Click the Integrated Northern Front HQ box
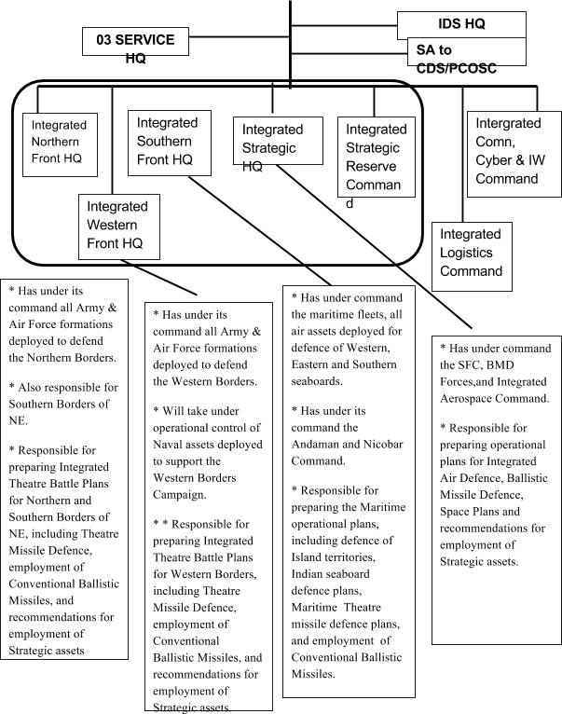pos(61,143)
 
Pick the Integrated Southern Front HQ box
pos(169,141)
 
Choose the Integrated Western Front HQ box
pos(117,225)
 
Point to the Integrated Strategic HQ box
pos(273,141)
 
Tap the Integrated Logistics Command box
pos(472,253)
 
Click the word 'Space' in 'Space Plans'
pos(458,512)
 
